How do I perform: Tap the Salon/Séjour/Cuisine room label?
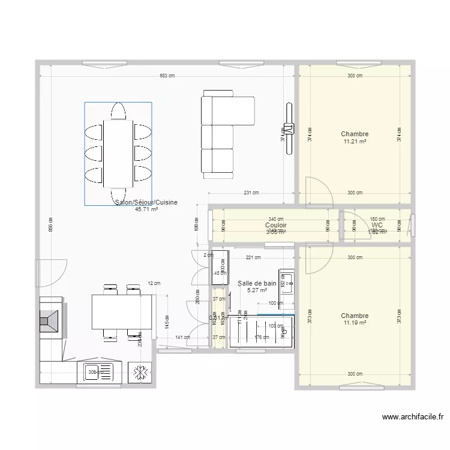(x=146, y=203)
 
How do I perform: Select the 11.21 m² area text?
(x=355, y=142)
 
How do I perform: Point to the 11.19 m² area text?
(x=355, y=323)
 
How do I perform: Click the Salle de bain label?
(x=257, y=283)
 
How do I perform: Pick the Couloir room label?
(x=275, y=226)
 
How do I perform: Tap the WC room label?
(x=377, y=226)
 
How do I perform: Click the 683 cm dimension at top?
(x=167, y=76)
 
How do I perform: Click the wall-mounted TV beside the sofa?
(x=289, y=127)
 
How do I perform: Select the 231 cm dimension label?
(x=251, y=193)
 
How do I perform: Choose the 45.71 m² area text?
(x=146, y=210)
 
